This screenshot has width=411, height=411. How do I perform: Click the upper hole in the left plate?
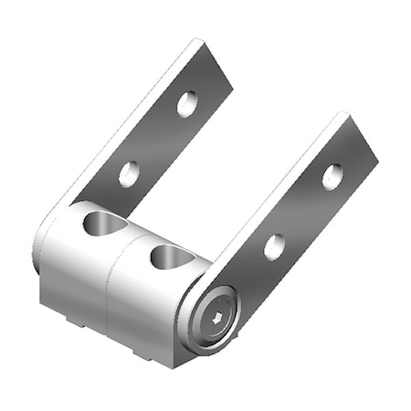pyautogui.click(x=186, y=104)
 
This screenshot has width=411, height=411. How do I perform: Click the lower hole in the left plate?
pyautogui.click(x=130, y=173)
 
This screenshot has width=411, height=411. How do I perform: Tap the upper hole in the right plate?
pyautogui.click(x=332, y=176)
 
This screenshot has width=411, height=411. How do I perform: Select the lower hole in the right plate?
pyautogui.click(x=274, y=247)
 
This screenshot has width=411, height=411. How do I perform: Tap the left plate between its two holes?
pyautogui.click(x=158, y=139)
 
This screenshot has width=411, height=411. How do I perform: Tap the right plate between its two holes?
pyautogui.click(x=303, y=212)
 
